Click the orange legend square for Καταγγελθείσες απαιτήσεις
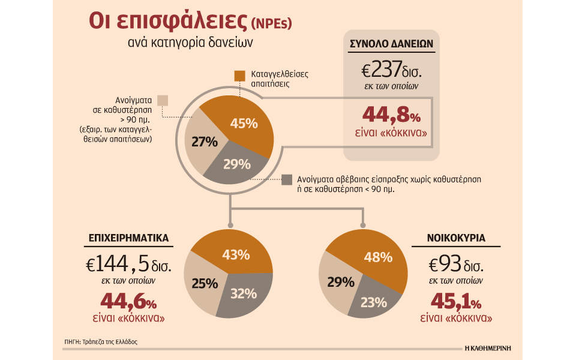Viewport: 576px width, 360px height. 239,75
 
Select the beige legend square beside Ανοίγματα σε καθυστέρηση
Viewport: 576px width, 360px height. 163,100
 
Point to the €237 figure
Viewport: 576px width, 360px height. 389,71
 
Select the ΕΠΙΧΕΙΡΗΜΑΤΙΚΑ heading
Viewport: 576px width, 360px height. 125,239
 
